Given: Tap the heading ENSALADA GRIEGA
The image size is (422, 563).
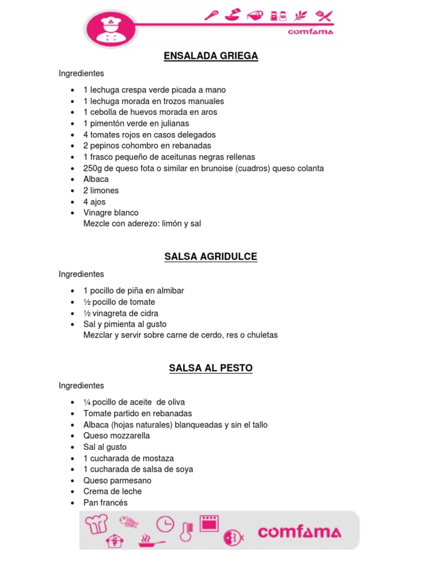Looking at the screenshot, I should tap(211, 56).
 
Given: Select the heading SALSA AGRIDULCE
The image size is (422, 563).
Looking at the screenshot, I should tap(211, 257).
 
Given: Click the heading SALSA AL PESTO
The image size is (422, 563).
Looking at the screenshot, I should tap(211, 368).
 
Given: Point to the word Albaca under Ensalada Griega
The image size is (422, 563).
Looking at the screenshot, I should tap(96, 179).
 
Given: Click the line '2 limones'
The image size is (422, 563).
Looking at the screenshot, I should tap(101, 190).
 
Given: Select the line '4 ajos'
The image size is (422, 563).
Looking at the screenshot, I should tap(95, 202).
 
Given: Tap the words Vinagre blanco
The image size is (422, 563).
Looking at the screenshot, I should tap(111, 213).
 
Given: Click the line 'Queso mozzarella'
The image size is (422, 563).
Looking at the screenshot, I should tap(116, 435).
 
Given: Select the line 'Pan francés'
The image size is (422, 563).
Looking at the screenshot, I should tap(105, 503).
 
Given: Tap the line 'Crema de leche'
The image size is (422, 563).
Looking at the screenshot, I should tap(113, 492).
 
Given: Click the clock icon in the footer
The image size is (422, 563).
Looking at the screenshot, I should tap(164, 524).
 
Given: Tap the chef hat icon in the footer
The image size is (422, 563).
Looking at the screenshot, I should tap(96, 523).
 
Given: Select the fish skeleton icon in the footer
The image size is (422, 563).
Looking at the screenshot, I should tap(130, 521).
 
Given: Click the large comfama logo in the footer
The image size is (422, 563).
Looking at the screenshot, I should tap(299, 532).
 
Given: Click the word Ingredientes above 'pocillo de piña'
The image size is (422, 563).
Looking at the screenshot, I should tap(81, 274).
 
